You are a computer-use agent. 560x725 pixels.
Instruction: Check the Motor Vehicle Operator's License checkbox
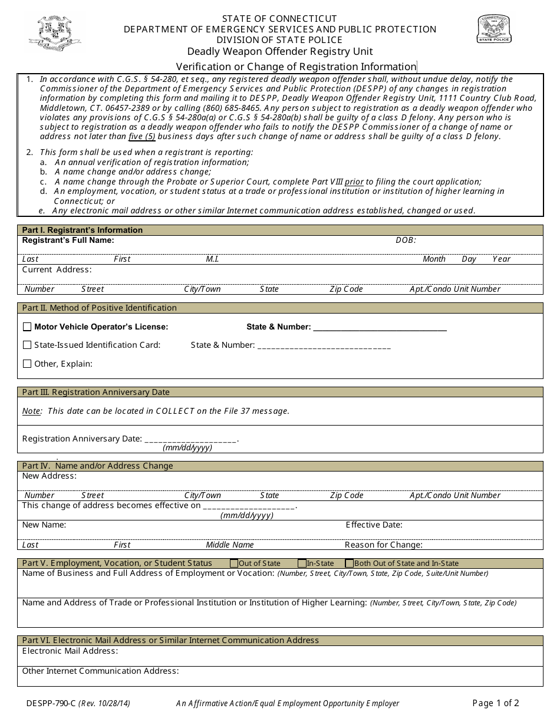[x=27, y=327]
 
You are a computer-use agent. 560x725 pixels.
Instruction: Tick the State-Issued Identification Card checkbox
[x=27, y=345]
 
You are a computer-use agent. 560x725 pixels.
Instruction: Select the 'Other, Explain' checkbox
[x=27, y=364]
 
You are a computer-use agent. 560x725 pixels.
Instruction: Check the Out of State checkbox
[x=234, y=563]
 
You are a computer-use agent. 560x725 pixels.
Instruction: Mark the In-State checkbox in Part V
[x=302, y=563]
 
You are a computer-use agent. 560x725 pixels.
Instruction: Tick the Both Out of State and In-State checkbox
[x=350, y=563]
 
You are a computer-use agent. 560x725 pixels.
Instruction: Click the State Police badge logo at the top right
[x=495, y=29]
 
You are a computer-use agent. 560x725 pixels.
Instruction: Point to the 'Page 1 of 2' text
[x=496, y=703]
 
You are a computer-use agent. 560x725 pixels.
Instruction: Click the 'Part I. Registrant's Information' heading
[x=82, y=230]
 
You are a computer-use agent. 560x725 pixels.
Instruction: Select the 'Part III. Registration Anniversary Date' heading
[x=95, y=392]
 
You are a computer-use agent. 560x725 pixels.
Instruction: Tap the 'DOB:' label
[x=406, y=240]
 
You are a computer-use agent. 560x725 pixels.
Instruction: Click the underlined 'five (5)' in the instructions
[x=142, y=137]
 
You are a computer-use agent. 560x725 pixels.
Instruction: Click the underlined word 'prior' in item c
[x=354, y=182]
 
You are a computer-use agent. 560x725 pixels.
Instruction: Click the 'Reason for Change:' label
[x=383, y=545]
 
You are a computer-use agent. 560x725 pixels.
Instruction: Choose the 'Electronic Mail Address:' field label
[x=70, y=651]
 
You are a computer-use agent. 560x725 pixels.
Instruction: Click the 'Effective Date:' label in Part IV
[x=374, y=525]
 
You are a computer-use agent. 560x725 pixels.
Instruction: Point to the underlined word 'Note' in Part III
[x=31, y=411]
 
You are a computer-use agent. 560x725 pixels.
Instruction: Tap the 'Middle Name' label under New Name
[x=230, y=545]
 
